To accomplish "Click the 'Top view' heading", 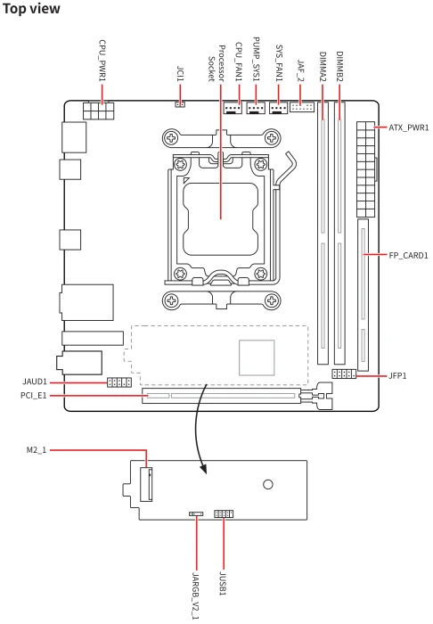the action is click(x=31, y=9).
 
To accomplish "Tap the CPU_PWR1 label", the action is click(x=102, y=61).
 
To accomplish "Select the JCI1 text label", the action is click(x=180, y=74).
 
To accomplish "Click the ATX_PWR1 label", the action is click(x=409, y=127).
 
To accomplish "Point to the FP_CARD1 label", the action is click(x=408, y=255).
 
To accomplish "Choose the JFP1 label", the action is click(x=397, y=375).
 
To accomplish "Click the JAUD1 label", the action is click(x=35, y=382).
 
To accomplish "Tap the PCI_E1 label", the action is click(x=33, y=396).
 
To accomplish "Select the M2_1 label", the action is click(x=37, y=450).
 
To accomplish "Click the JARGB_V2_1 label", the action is click(x=196, y=595).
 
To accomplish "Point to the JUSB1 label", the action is click(x=223, y=584).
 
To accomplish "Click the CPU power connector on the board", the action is click(x=98, y=111).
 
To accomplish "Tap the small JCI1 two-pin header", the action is click(x=180, y=104).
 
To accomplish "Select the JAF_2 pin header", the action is click(x=302, y=107).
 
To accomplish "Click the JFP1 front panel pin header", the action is click(x=344, y=374).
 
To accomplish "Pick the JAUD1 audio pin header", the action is click(x=118, y=382).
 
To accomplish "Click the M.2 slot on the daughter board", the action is click(x=146, y=484).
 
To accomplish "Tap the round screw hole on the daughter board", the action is click(x=268, y=484).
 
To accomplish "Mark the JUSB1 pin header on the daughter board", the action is click(x=224, y=513).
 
